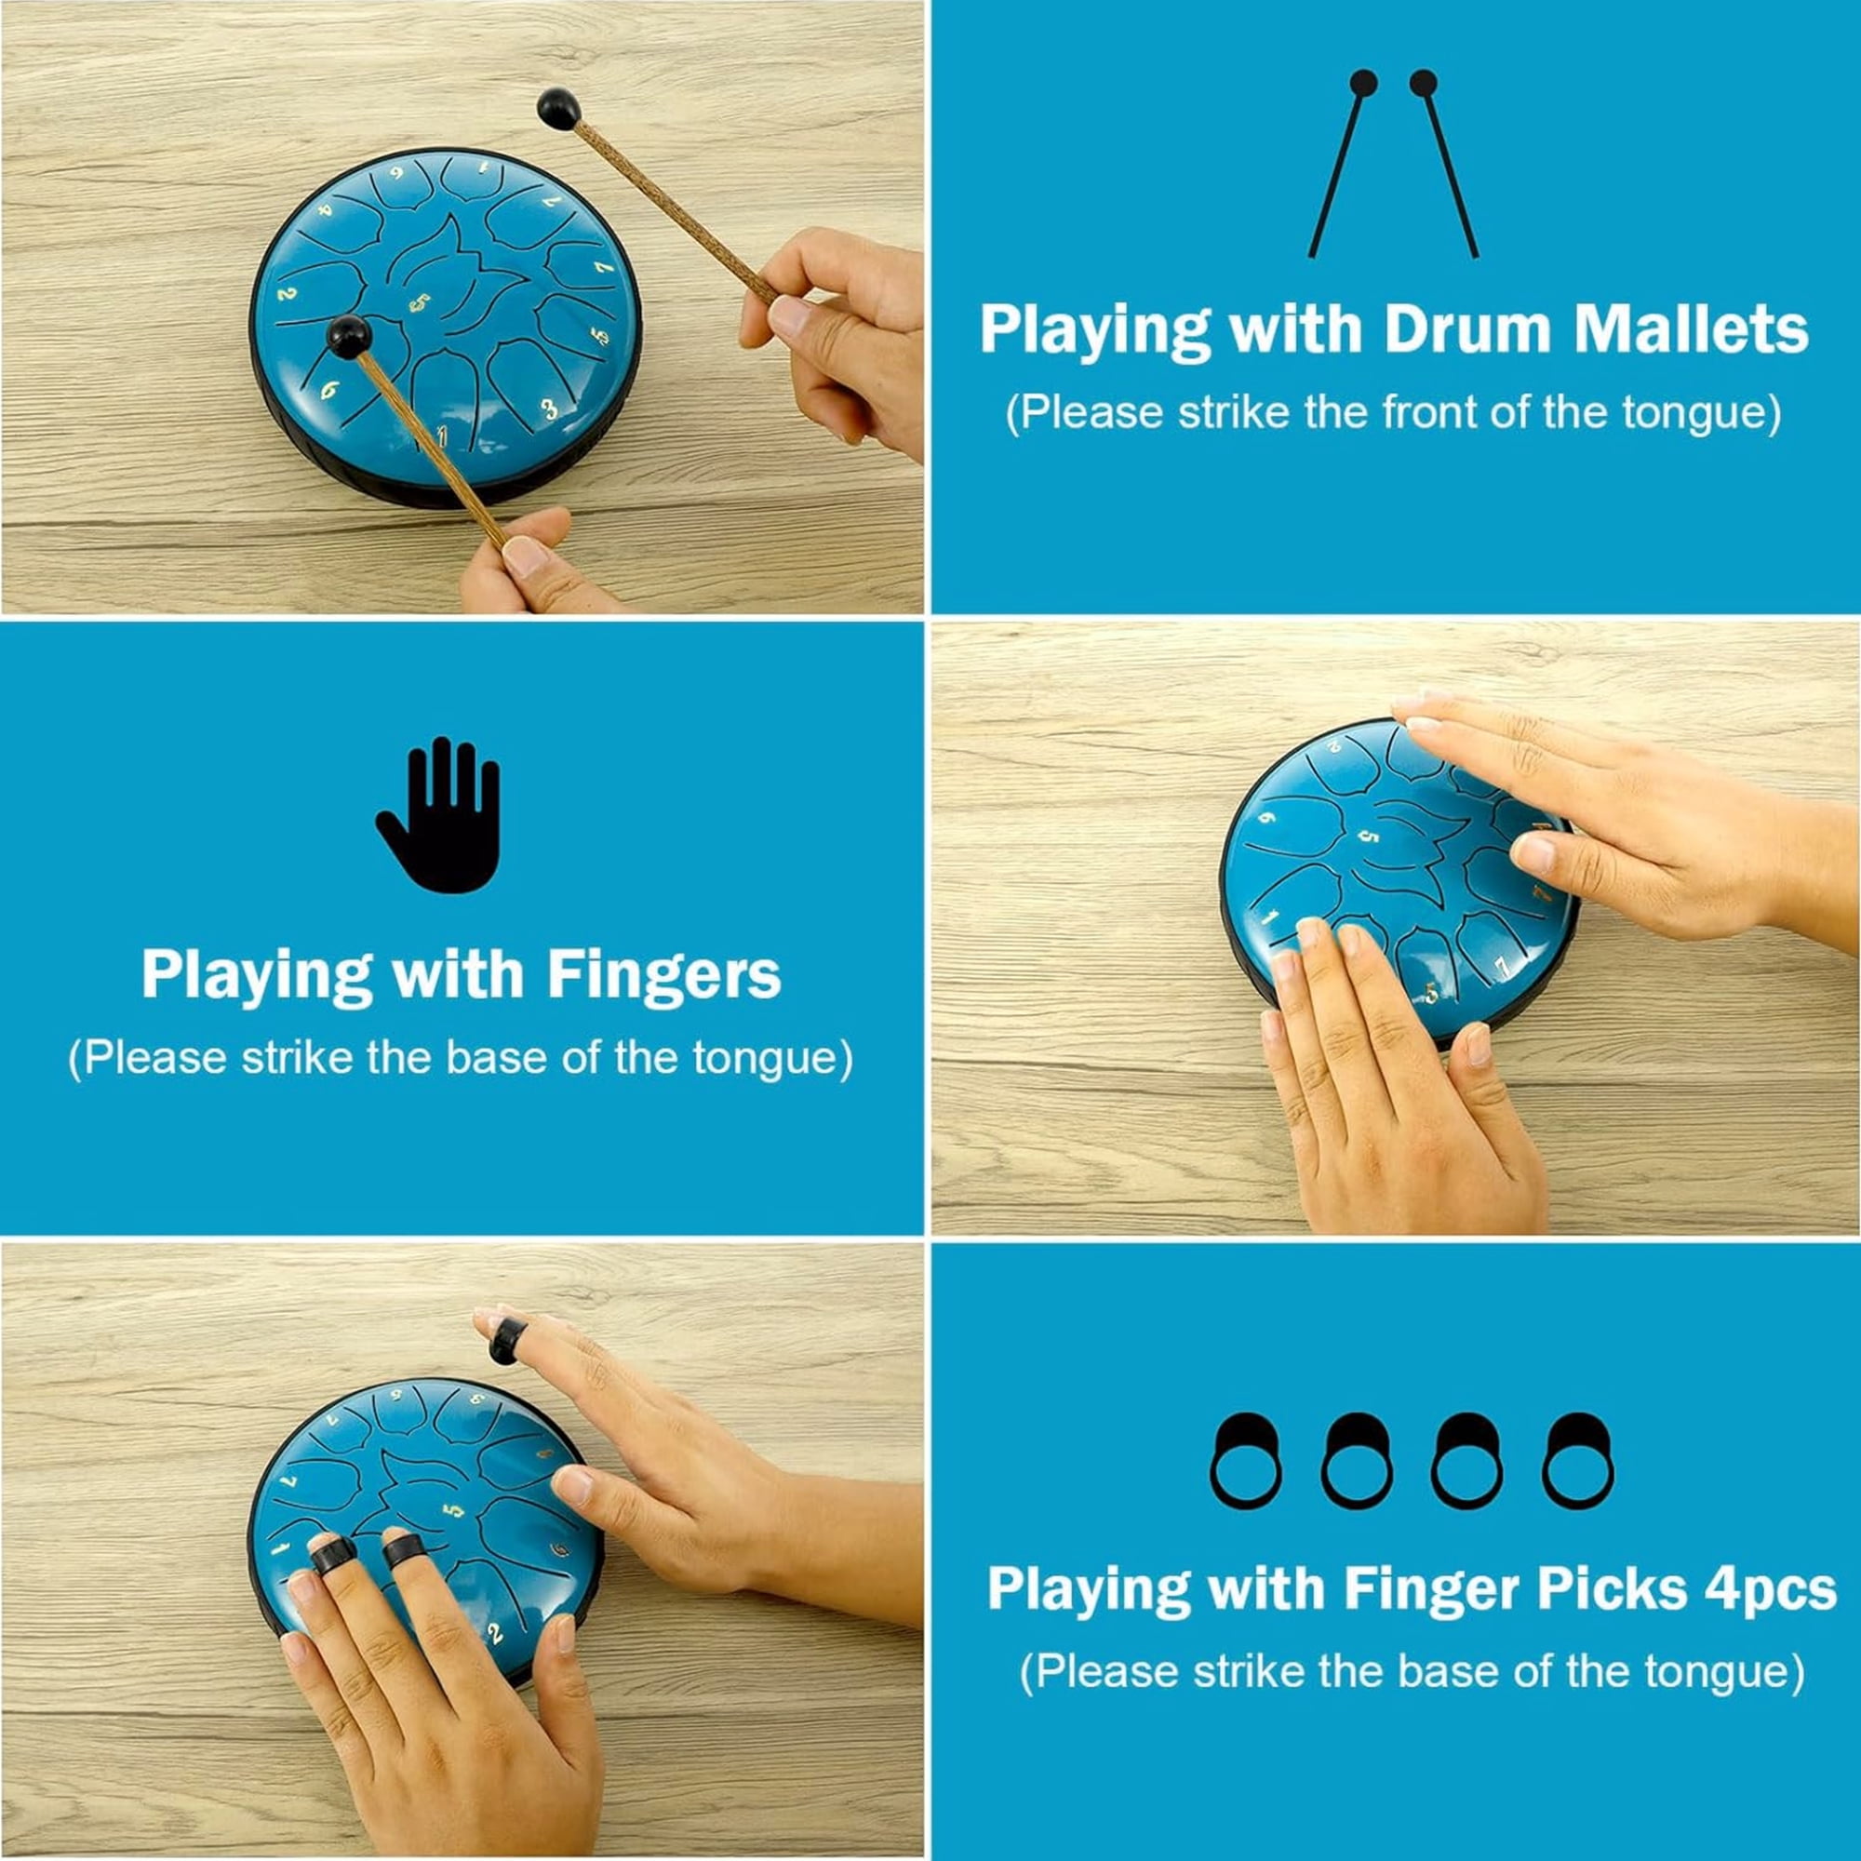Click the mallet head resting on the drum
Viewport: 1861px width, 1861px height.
(349, 335)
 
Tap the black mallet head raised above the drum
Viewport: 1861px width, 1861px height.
(558, 108)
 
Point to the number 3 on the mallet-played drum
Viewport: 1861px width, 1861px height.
(549, 409)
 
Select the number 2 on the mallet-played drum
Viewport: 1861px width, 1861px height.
(287, 293)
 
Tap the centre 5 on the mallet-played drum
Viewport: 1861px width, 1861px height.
(418, 303)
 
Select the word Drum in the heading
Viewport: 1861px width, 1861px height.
(1466, 329)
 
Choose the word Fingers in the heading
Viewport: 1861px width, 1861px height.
(663, 978)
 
